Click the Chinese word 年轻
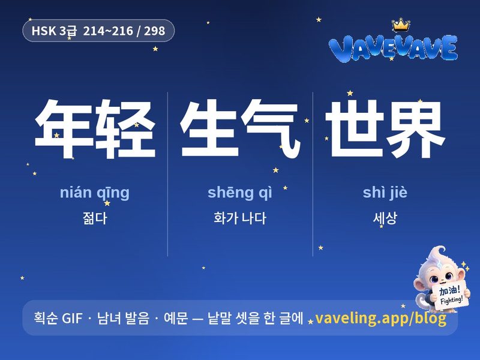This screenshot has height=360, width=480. coord(95,128)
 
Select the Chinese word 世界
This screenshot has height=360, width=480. coord(385,128)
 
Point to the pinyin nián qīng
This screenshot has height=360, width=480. coord(95,193)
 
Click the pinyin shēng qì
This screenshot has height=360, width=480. coord(239,193)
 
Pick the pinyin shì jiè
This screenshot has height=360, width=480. coord(385,192)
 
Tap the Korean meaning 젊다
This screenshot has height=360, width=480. coord(95,218)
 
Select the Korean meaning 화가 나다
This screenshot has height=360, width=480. coord(240,218)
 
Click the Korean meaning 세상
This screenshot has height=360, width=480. coord(385,218)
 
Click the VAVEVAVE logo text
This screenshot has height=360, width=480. coord(394,48)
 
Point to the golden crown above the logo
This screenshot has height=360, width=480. coord(401,25)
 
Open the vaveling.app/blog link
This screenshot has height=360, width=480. coord(381,318)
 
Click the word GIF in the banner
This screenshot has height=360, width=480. coord(72,318)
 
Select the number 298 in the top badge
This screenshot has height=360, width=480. coord(155,31)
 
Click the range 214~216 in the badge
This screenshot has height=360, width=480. coord(108,31)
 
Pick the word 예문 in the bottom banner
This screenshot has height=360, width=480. coord(176,318)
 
